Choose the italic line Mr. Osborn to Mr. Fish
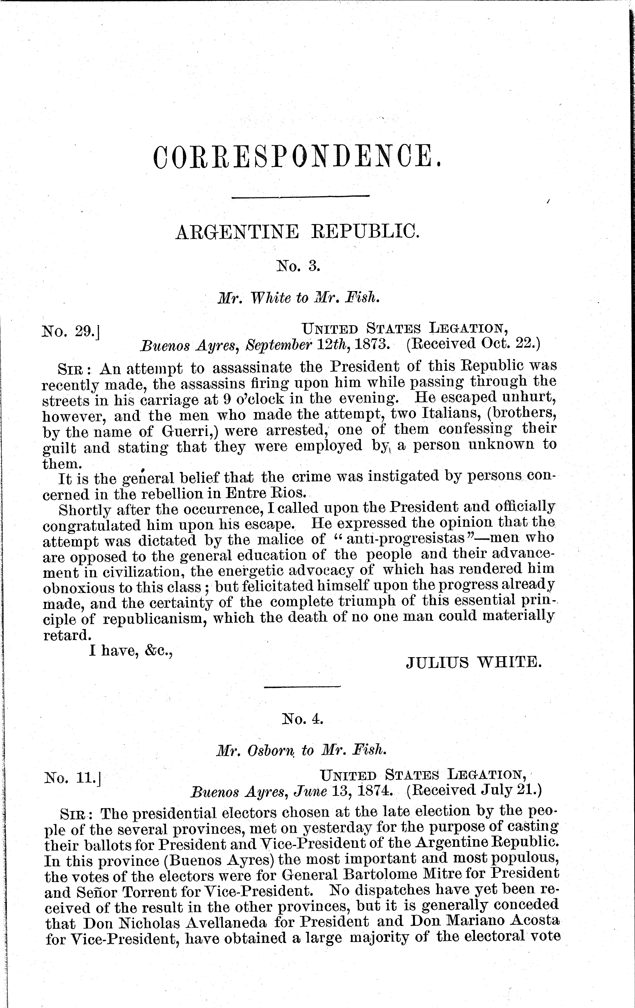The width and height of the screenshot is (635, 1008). (300, 751)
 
